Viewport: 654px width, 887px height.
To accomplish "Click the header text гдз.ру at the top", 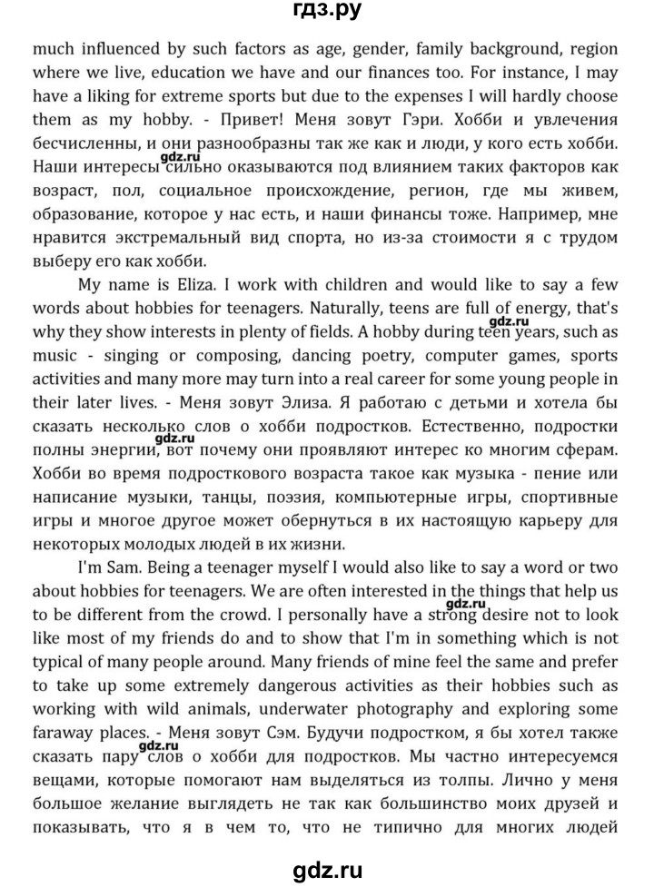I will tap(327, 13).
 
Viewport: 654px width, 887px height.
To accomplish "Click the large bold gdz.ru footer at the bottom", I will tap(327, 869).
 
